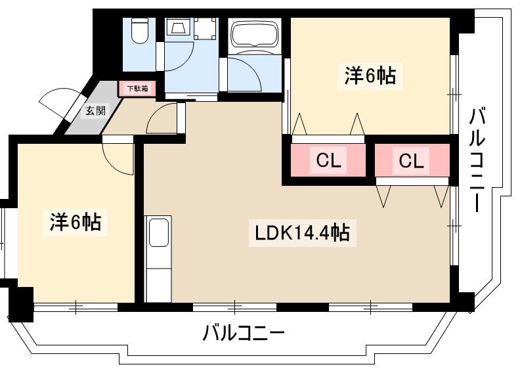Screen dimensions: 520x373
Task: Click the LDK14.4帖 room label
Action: (x=299, y=233)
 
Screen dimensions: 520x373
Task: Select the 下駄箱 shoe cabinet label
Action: (x=137, y=88)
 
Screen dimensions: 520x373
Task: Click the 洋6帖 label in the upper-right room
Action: (x=370, y=76)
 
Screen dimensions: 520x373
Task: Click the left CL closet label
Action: (x=328, y=160)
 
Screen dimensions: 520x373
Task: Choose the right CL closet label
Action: (x=411, y=160)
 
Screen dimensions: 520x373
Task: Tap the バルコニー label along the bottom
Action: (x=243, y=334)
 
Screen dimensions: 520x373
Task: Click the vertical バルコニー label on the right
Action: (x=477, y=161)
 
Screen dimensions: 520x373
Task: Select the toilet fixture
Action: (x=139, y=31)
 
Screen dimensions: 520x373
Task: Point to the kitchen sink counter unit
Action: (x=158, y=259)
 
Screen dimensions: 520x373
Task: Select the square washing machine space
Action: (x=204, y=28)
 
